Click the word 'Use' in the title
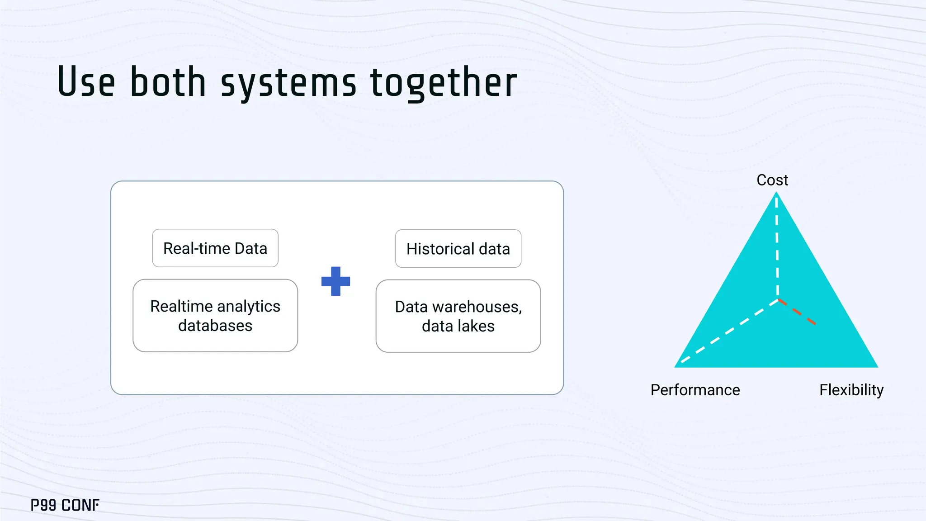point(86,82)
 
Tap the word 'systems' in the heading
point(288,83)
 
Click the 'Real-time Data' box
point(215,248)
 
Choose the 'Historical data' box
point(458,249)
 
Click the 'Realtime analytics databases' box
point(215,316)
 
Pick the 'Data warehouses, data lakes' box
point(458,316)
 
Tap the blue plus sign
point(335,281)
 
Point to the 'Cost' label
point(772,180)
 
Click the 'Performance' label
point(695,390)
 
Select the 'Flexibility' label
point(851,390)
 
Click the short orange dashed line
point(798,312)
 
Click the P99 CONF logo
point(65,505)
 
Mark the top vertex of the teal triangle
point(776,194)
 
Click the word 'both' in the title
point(168,82)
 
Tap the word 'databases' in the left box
point(215,326)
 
